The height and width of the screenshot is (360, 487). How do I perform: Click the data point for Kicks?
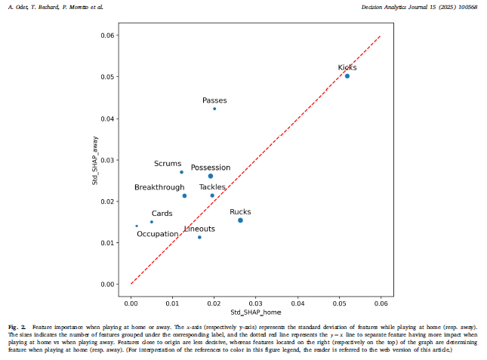(347, 76)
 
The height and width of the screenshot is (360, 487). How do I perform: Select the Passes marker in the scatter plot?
(214, 109)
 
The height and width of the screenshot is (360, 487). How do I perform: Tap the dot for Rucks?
(240, 220)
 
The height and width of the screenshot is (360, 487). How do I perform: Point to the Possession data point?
(211, 176)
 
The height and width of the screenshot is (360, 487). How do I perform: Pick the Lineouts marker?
(199, 237)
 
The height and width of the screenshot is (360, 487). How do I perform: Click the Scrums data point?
(181, 172)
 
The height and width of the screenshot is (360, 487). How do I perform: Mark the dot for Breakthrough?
(184, 195)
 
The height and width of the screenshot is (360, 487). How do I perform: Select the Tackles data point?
(212, 195)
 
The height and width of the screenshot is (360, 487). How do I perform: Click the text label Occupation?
(157, 234)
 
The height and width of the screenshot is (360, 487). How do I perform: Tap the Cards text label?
(162, 214)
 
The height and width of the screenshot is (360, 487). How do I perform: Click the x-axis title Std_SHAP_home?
(255, 312)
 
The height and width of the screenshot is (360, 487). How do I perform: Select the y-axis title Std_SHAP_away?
(95, 160)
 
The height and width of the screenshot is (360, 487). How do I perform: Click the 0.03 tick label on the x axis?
(255, 303)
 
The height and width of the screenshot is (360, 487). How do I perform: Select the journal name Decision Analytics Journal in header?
(415, 6)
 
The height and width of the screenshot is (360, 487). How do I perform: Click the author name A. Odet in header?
(17, 6)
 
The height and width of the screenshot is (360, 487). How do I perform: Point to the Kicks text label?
(347, 68)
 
